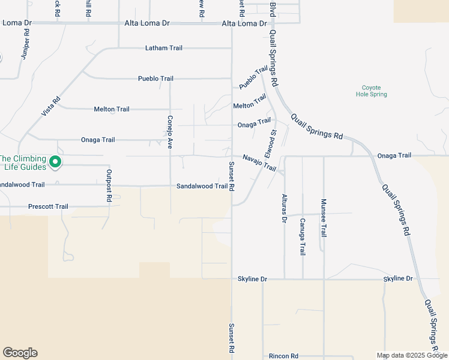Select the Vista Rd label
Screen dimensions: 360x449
click(x=53, y=107)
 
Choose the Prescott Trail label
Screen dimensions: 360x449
click(x=48, y=206)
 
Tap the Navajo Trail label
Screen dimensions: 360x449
click(x=259, y=162)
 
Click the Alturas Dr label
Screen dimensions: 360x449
click(x=284, y=208)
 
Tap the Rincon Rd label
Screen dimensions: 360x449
click(x=283, y=356)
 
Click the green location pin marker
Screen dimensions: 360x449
click(x=55, y=162)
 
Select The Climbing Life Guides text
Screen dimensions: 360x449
click(x=23, y=163)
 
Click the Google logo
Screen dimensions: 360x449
click(x=20, y=353)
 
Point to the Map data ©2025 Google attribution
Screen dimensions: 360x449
click(x=411, y=355)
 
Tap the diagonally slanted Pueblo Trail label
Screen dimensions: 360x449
click(x=252, y=79)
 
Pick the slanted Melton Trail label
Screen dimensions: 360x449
click(x=250, y=101)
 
